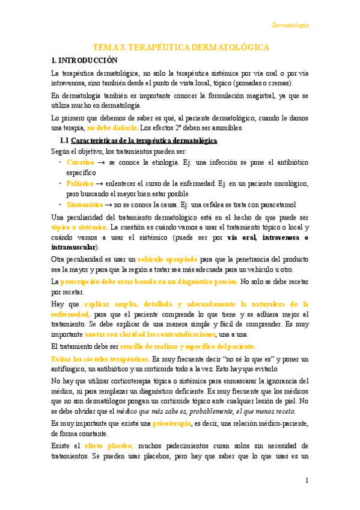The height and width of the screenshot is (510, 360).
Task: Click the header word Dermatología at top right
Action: tap(290, 25)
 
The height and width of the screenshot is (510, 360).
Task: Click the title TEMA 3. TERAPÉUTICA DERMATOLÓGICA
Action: tap(180, 47)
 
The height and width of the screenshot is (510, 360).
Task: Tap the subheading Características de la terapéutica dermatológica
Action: tap(144, 140)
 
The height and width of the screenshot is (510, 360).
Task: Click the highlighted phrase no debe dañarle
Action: tap(112, 127)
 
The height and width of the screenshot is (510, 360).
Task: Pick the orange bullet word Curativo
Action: tap(81, 162)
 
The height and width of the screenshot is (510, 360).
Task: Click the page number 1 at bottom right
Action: tap(307, 481)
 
